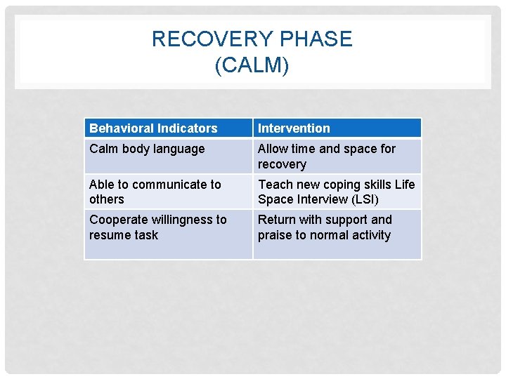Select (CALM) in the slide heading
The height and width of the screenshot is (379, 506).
pyautogui.click(x=252, y=66)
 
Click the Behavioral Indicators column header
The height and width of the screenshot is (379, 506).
pyautogui.click(x=153, y=128)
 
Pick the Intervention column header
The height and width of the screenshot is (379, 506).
pyautogui.click(x=294, y=128)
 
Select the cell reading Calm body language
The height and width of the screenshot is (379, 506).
pyautogui.click(x=147, y=149)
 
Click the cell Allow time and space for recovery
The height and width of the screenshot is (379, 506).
pyautogui.click(x=326, y=157)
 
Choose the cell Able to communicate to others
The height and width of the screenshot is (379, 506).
pyautogui.click(x=155, y=192)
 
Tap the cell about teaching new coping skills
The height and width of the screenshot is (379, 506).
pyautogui.click(x=336, y=192)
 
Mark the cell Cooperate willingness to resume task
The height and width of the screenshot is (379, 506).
pyautogui.click(x=157, y=227)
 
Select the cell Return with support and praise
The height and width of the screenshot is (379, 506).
pyautogui.click(x=325, y=227)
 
